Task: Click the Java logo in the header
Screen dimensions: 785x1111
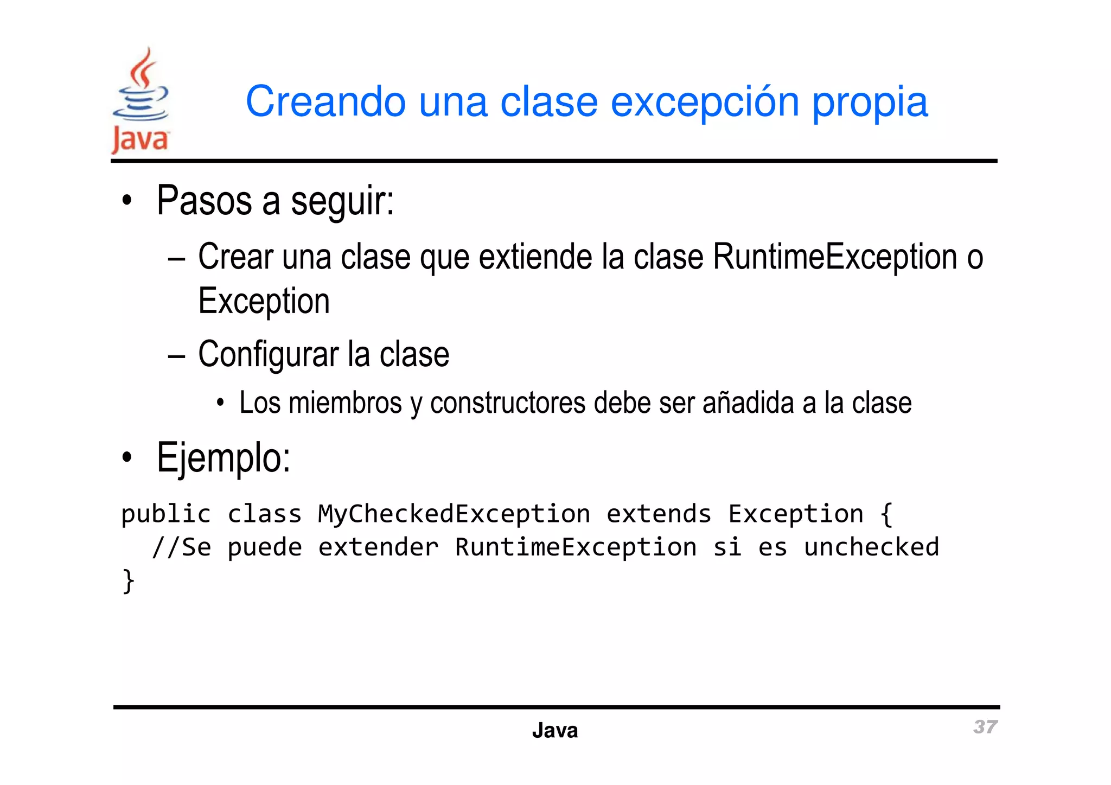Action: tap(141, 101)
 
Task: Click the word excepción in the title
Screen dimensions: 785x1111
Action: tap(705, 102)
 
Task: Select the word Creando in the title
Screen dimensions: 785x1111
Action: tap(325, 101)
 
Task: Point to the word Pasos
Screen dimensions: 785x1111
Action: tap(205, 201)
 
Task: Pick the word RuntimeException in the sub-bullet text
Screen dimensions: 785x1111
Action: tap(835, 257)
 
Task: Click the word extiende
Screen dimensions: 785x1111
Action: tap(537, 257)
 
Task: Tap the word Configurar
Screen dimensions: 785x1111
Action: tap(268, 355)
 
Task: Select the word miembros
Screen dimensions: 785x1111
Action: tap(345, 403)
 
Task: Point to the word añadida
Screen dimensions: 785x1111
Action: tap(748, 403)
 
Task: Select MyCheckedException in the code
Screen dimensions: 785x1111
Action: tap(454, 514)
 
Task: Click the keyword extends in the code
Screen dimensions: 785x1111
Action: tap(658, 514)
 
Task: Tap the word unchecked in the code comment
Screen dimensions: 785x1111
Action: tap(871, 547)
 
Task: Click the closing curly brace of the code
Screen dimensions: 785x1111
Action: tap(128, 581)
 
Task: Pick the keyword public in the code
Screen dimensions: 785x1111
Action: tap(166, 514)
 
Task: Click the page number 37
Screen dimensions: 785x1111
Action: tap(985, 727)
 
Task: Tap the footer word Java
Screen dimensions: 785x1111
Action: tap(555, 731)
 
